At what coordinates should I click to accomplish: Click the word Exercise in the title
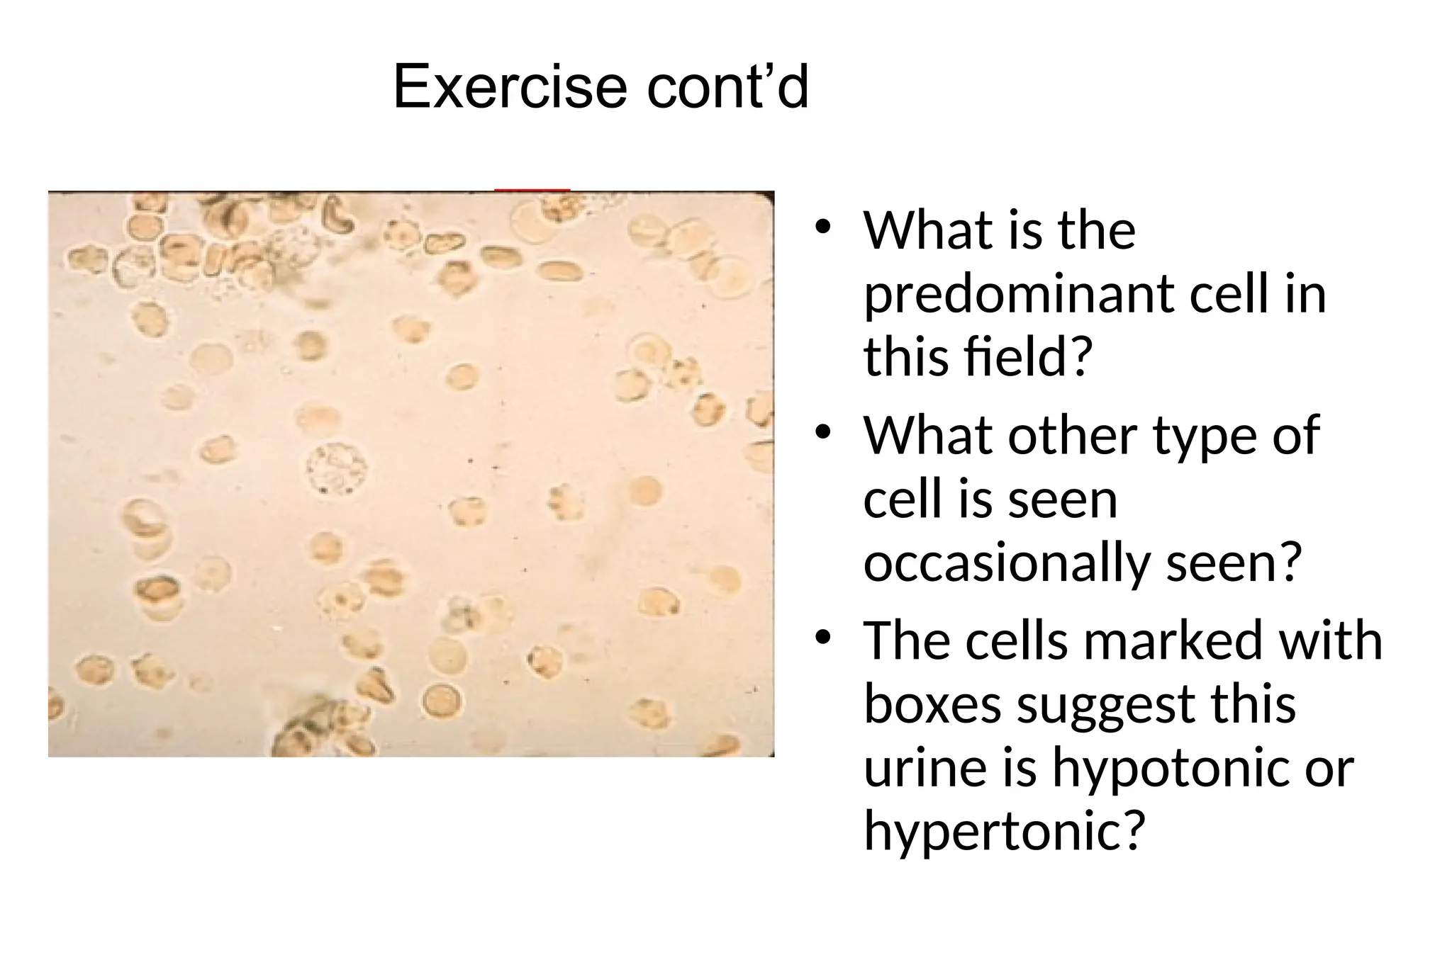pyautogui.click(x=510, y=87)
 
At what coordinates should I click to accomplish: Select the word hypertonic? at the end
pyautogui.click(x=1005, y=830)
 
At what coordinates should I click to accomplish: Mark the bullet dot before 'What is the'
pyautogui.click(x=822, y=227)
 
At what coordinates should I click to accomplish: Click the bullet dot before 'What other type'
pyautogui.click(x=822, y=432)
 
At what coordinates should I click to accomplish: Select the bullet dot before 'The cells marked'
pyautogui.click(x=822, y=638)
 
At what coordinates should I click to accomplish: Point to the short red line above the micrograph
pyautogui.click(x=532, y=190)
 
